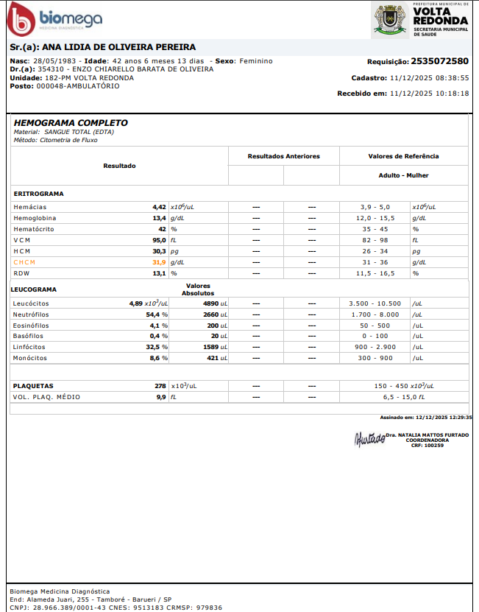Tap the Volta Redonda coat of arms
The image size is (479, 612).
coord(391,19)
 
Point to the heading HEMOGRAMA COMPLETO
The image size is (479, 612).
coord(71,123)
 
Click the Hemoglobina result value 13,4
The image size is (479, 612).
coord(159,218)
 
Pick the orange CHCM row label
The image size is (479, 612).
coord(24,262)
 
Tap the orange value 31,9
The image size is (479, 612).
coord(159,262)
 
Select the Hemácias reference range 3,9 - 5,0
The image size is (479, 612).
coord(375,207)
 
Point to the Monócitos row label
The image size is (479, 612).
coord(31,358)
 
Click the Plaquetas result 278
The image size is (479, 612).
coord(160,386)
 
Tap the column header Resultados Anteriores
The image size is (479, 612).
coord(283,156)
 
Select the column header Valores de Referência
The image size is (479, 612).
coord(403,156)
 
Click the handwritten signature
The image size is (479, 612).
coord(369,439)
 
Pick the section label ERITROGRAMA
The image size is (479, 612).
coord(38,194)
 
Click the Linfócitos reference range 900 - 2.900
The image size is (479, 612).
coord(375,347)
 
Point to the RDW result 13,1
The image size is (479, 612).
coord(159,273)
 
